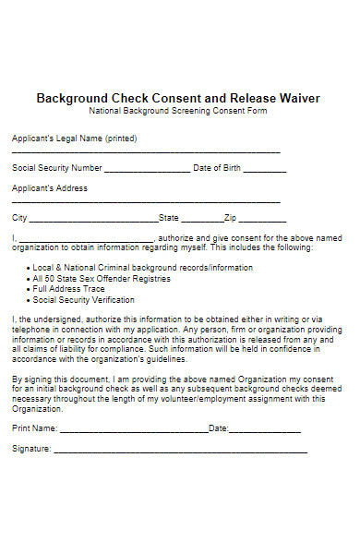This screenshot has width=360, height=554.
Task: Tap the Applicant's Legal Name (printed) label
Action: [x=74, y=138]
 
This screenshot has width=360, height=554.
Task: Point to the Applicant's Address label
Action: [x=50, y=188]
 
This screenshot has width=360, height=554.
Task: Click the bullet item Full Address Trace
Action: [x=69, y=289]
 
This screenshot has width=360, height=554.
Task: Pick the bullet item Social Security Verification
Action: [x=83, y=300]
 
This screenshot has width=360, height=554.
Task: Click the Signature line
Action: [x=180, y=452]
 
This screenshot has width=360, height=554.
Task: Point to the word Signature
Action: [x=30, y=449]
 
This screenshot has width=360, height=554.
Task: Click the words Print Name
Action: [x=34, y=428]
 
